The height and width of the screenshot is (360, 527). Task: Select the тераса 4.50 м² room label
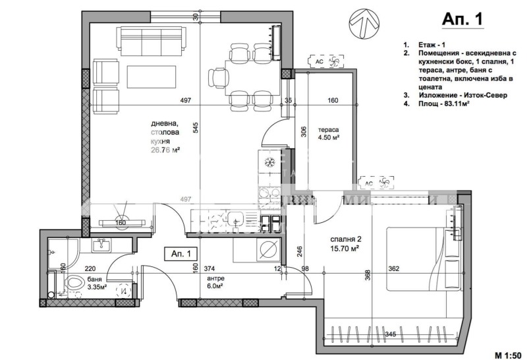pos(327,134)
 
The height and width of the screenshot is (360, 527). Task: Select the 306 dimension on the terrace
pos(304,131)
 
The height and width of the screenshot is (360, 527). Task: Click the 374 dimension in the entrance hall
pos(209,268)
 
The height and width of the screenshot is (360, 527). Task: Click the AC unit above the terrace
pos(326,61)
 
